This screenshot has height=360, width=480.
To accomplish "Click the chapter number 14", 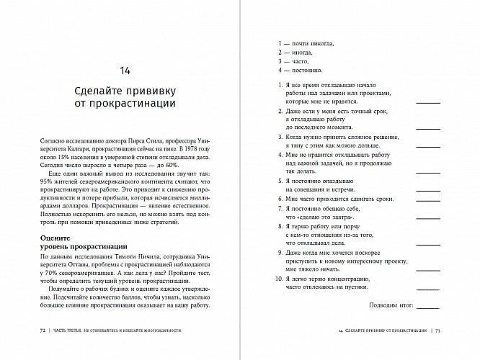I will [125, 70].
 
